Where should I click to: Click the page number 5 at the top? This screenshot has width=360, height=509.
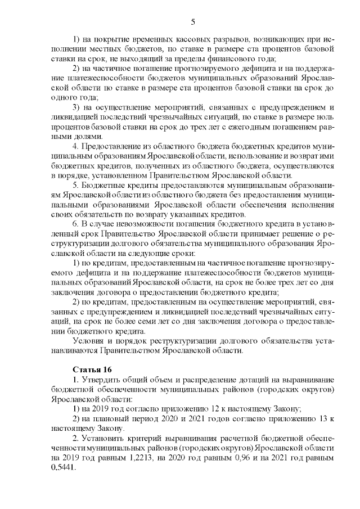[193, 22]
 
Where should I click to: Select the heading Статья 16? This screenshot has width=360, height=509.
[93, 370]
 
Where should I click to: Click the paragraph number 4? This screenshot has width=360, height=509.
[76, 145]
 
